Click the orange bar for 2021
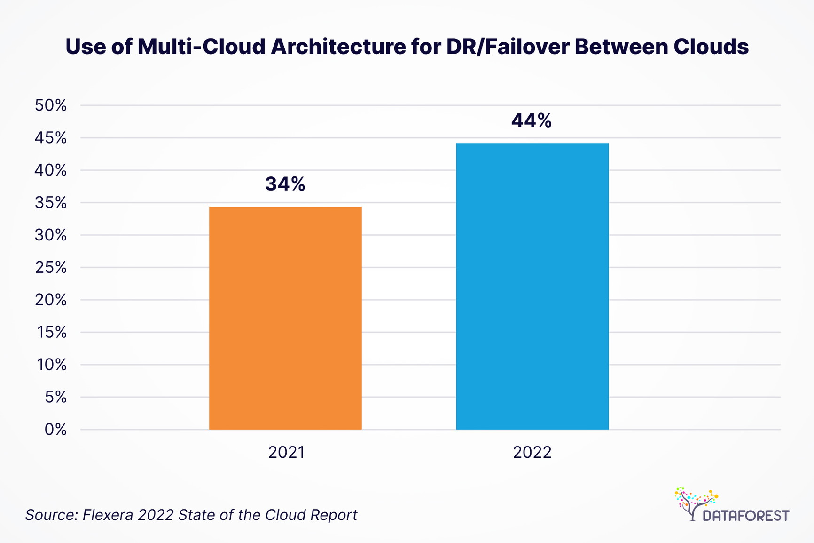pos(285,318)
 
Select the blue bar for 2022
pos(532,286)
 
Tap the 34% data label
pos(285,184)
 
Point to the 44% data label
pos(531,121)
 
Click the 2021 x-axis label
pos(286,452)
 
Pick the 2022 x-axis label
pos(532,452)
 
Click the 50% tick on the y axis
pos(51,105)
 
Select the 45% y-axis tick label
pos(51,138)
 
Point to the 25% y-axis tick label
pos(51,268)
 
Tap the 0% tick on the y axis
pos(55,430)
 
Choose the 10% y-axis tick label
pos(52,365)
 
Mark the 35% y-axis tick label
pos(51,203)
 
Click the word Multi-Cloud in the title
pos(202,47)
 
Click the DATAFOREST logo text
pos(745,516)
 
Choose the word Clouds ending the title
pos(711,47)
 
